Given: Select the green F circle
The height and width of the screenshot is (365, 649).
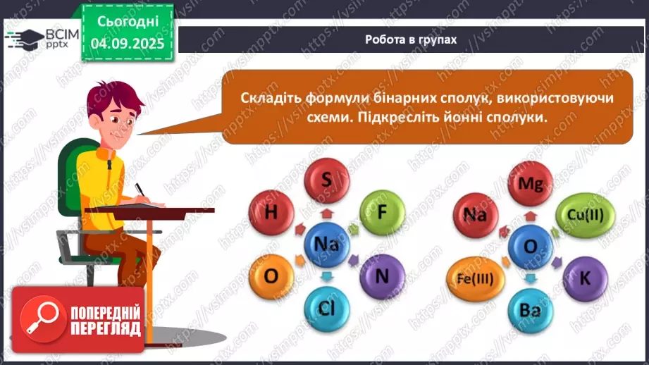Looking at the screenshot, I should (x=382, y=212).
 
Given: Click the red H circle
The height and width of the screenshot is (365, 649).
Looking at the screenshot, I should (x=271, y=213).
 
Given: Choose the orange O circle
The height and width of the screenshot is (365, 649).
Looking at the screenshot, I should (x=270, y=276).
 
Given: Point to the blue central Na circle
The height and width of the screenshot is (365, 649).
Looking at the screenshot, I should (x=326, y=245).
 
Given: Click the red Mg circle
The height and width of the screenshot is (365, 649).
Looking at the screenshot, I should (x=529, y=183).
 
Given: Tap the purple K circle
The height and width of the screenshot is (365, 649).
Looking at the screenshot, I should (x=584, y=277).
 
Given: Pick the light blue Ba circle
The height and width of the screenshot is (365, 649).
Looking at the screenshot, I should (x=529, y=308).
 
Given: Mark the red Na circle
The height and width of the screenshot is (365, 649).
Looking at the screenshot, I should (x=476, y=214).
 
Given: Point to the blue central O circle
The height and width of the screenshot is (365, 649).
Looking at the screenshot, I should (x=529, y=245).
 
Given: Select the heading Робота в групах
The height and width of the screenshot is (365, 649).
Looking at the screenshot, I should (x=411, y=39).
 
